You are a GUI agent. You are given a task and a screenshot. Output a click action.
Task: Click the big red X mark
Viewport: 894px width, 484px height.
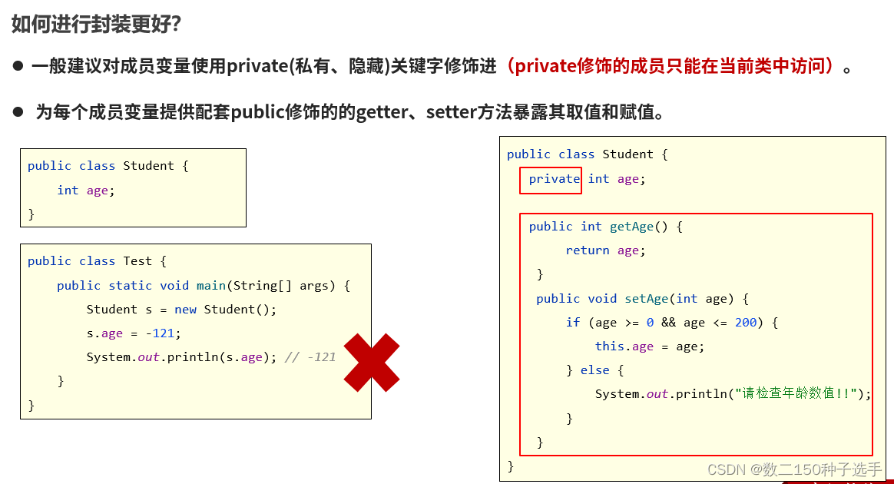coord(372,362)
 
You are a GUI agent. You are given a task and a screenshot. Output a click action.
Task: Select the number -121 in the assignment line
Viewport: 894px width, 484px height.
coord(164,333)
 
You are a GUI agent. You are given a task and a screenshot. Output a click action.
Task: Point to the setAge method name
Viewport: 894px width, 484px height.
coord(646,299)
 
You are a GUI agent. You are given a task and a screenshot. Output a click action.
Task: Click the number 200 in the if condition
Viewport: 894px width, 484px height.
coord(746,323)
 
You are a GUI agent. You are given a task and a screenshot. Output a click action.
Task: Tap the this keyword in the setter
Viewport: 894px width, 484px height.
coord(609,346)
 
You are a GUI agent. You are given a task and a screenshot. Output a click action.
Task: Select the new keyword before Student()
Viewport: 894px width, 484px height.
coord(186,310)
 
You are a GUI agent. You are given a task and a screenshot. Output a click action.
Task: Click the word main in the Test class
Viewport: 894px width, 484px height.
coord(211,286)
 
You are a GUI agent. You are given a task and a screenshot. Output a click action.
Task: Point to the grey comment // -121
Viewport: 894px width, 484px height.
coord(310,357)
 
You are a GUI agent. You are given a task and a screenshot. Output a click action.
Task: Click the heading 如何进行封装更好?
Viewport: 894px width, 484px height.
coord(96,24)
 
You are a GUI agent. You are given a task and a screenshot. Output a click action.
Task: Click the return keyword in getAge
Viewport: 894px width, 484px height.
coord(588,250)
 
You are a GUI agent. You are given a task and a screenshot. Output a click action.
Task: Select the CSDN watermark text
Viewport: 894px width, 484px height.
coord(795,469)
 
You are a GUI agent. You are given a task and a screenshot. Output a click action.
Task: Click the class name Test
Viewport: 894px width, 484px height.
coord(137,261)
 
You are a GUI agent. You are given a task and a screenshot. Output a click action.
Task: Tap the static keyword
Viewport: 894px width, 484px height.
coord(130,286)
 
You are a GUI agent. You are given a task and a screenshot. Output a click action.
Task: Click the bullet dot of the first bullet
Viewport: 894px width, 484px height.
coord(18,66)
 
